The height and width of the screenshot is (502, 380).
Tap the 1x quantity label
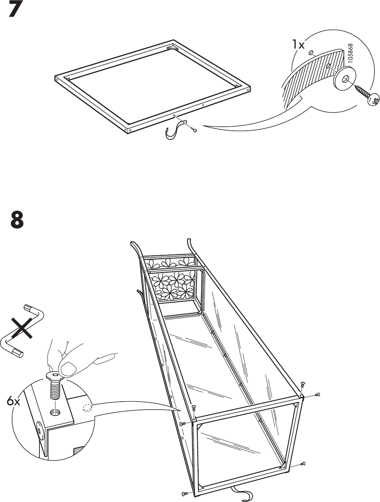pyautogui.click(x=298, y=45)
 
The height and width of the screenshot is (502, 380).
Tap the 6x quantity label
pyautogui.click(x=14, y=402)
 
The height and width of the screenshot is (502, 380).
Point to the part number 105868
pyautogui.click(x=351, y=54)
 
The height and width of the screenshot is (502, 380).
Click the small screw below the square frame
pyautogui.click(x=193, y=129)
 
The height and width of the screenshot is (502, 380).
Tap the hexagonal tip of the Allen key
pyautogui.click(x=18, y=353)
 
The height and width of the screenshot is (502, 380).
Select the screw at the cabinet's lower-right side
pyautogui.click(x=302, y=464)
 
